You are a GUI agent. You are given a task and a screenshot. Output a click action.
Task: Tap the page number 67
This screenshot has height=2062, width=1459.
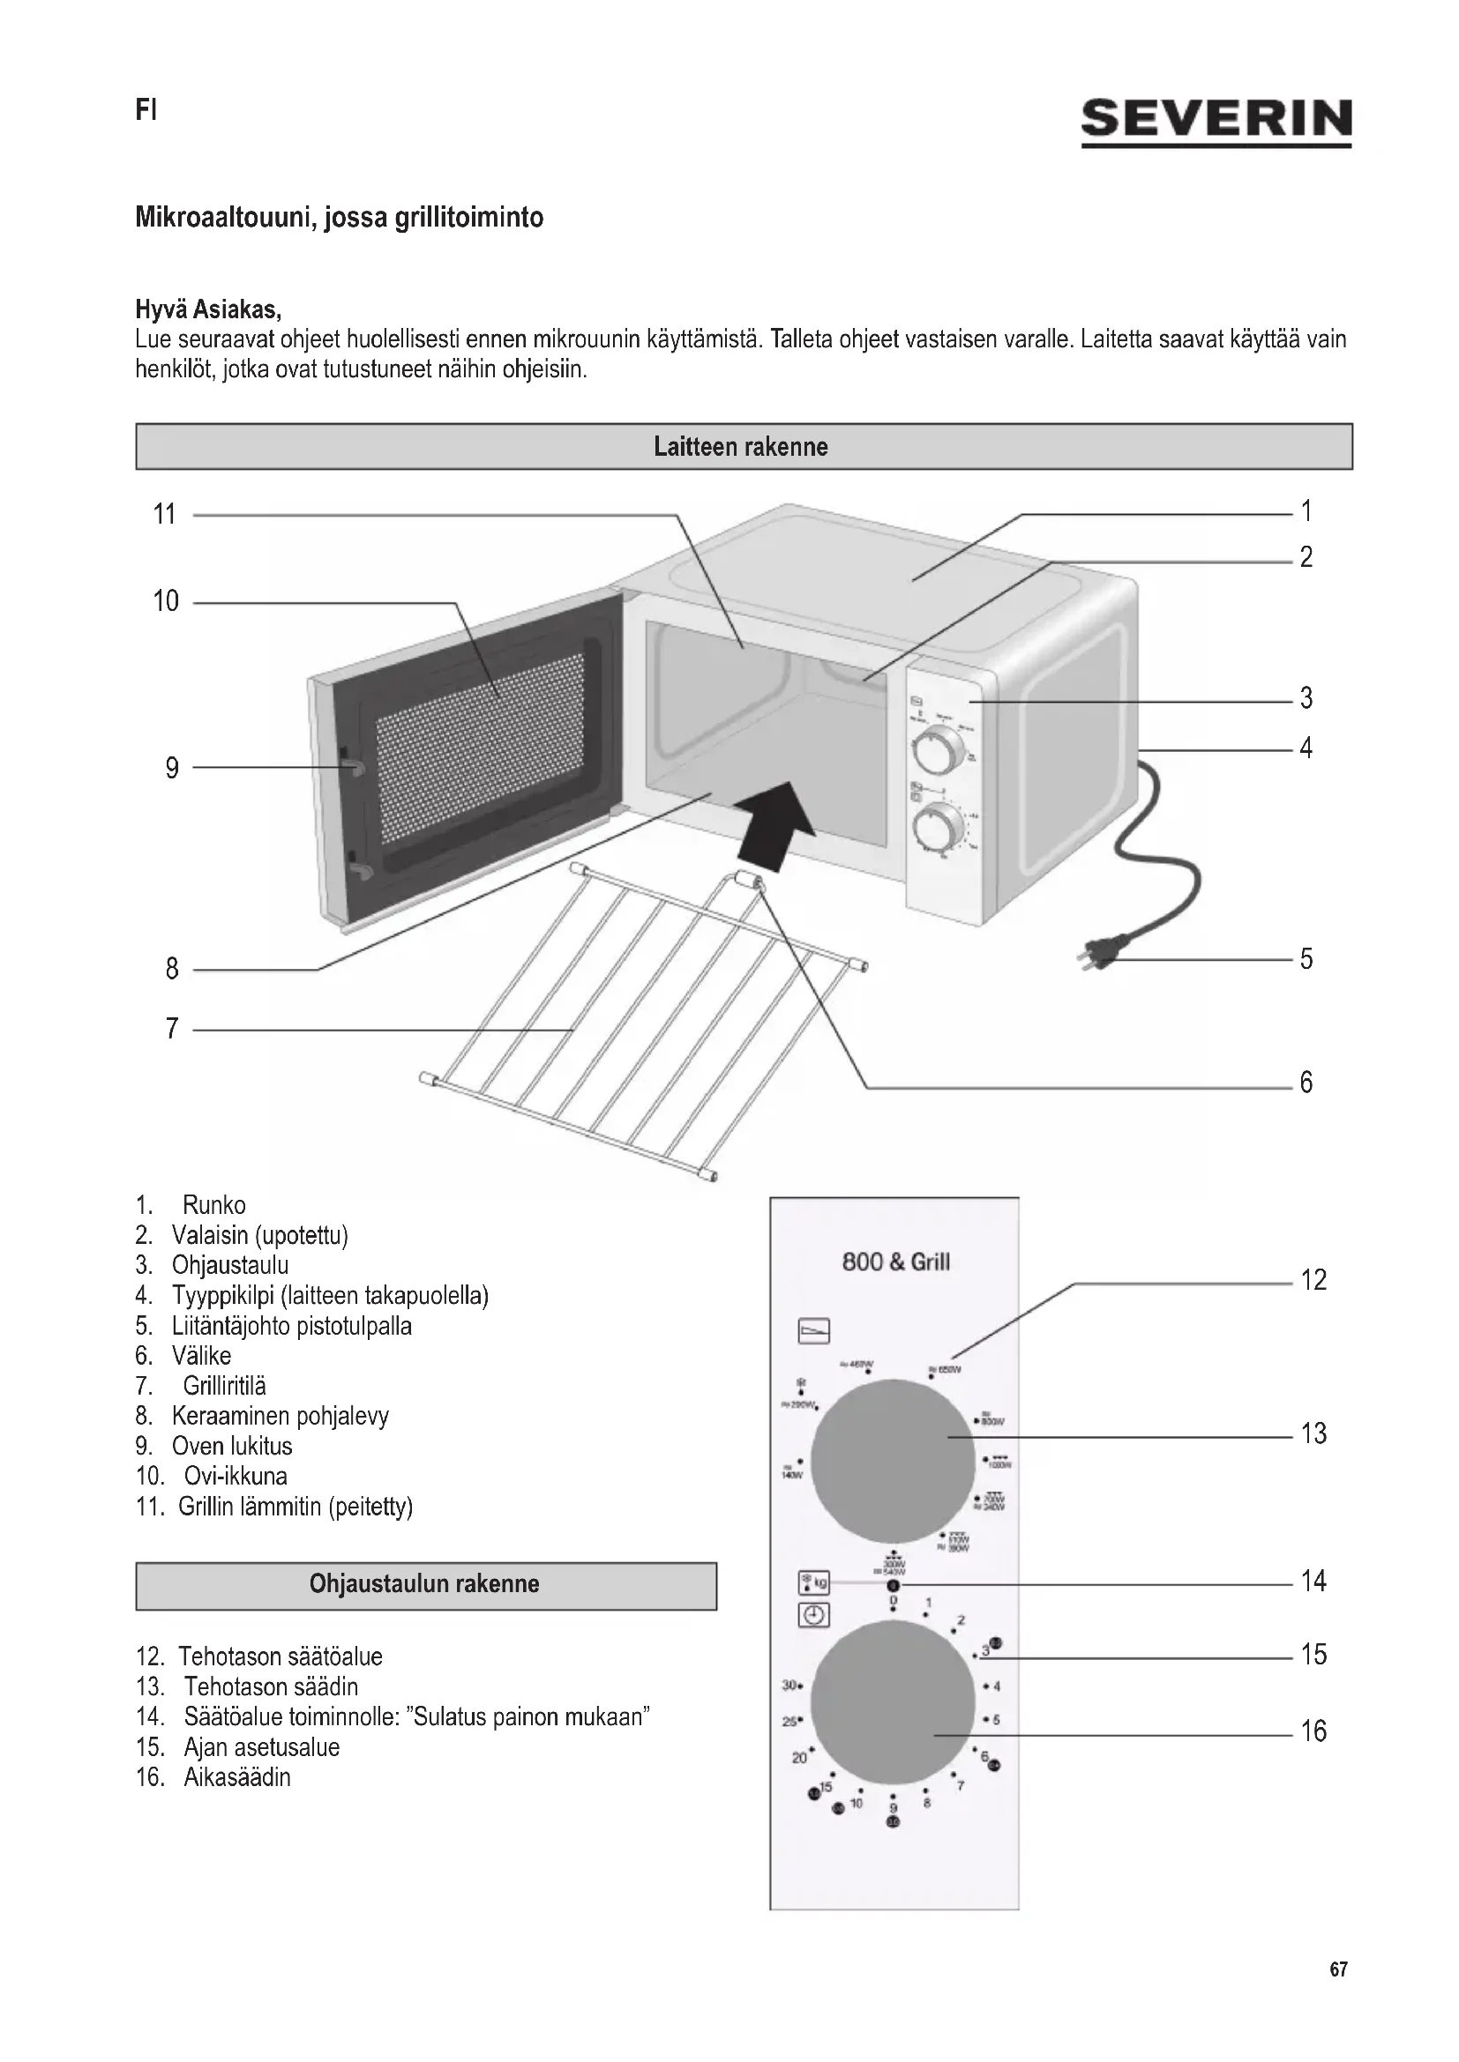[1338, 1969]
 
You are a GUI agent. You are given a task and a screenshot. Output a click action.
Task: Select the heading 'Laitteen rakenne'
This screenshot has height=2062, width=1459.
[743, 446]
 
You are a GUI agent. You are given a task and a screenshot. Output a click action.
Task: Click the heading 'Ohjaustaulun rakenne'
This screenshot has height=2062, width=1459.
[425, 1582]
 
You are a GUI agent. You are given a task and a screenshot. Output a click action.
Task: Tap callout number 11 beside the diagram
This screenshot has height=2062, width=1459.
[164, 515]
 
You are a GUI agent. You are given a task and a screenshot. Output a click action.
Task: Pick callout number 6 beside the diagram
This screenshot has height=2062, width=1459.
[1306, 1083]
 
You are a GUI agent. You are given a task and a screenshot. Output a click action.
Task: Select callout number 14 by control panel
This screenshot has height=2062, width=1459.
[1313, 1581]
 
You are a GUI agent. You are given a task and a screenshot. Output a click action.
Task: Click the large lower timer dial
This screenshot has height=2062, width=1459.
[892, 1700]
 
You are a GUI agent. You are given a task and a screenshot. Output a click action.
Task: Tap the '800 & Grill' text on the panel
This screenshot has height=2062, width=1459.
[894, 1262]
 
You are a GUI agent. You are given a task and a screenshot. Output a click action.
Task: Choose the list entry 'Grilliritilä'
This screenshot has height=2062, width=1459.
[225, 1386]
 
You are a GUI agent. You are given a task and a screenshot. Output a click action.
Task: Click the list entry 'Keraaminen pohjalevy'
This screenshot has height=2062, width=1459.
[280, 1417]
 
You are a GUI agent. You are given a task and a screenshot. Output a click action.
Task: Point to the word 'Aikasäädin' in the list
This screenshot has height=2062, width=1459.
[237, 1776]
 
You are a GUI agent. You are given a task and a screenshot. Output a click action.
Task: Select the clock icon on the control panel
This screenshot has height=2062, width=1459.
[814, 1616]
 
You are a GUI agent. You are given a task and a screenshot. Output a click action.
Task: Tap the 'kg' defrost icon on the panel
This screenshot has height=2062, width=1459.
[814, 1582]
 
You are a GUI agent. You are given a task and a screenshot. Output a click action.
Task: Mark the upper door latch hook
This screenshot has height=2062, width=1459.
[351, 764]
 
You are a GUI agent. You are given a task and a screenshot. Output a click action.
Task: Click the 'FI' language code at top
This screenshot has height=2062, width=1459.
[146, 110]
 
